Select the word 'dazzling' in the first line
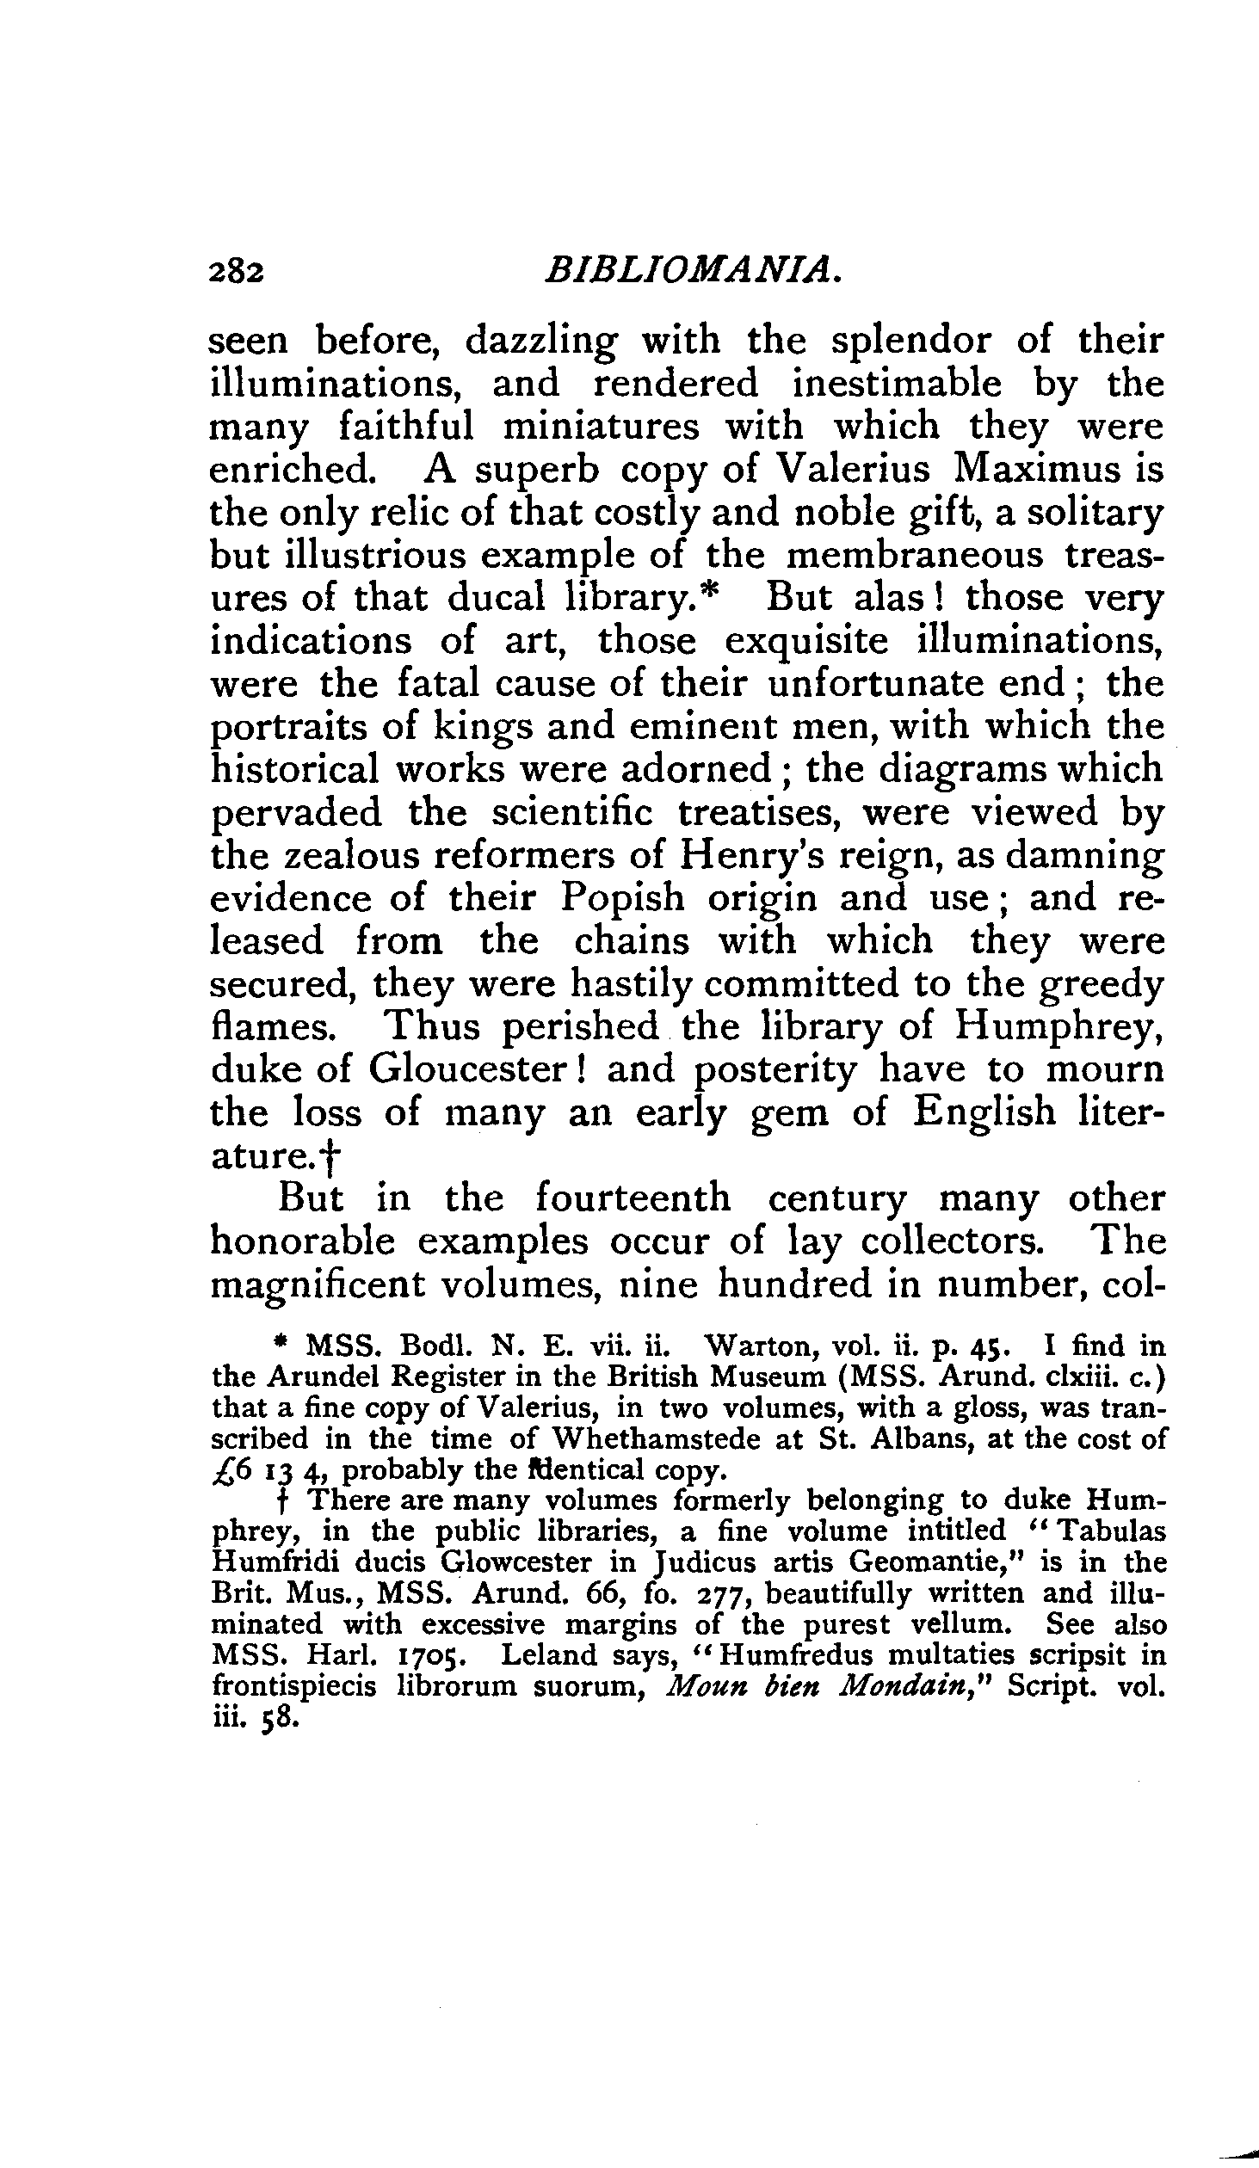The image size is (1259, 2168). pos(540,342)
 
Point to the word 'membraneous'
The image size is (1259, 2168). pos(916,556)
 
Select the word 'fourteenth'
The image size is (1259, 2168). pos(633,1199)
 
